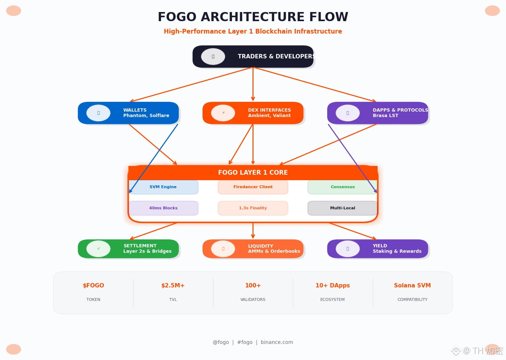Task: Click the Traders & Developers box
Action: [x=253, y=57]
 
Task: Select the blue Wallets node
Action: [x=128, y=113]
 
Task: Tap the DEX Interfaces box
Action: [x=253, y=113]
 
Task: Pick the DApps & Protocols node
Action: [x=378, y=113]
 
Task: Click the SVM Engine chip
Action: [x=163, y=187]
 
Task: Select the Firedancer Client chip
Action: [x=253, y=187]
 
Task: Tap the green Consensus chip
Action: [x=342, y=187]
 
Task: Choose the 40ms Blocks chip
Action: [x=163, y=208]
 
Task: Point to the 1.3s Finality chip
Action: [x=253, y=208]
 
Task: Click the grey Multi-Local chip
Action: [x=342, y=208]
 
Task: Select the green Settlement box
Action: [x=128, y=249]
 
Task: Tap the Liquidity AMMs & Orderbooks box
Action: [x=253, y=249]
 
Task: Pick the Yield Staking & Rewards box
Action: [x=378, y=249]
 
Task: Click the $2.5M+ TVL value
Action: [x=173, y=286]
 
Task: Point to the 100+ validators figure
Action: [x=253, y=286]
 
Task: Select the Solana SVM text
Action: [x=412, y=286]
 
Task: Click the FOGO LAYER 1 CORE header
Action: [x=253, y=173]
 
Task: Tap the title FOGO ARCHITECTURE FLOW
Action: [x=253, y=17]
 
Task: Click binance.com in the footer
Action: [x=277, y=342]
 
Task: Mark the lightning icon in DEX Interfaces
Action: [x=223, y=113]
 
